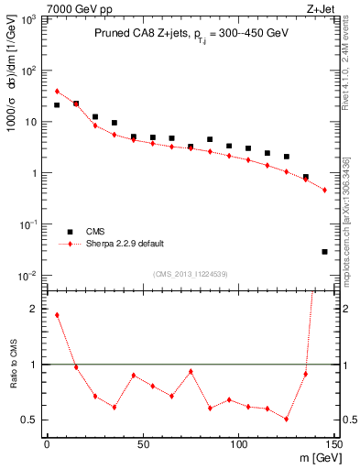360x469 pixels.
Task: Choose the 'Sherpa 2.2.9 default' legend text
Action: tap(125, 244)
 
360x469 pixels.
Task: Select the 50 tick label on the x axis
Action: tap(143, 443)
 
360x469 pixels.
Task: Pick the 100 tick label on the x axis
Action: tap(239, 443)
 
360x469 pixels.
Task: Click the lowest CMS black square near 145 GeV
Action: tap(325, 251)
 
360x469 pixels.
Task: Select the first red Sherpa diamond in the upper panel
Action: tap(57, 91)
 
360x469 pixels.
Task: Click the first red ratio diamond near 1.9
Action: tap(57, 315)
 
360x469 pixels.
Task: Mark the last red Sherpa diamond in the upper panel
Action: tap(325, 190)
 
